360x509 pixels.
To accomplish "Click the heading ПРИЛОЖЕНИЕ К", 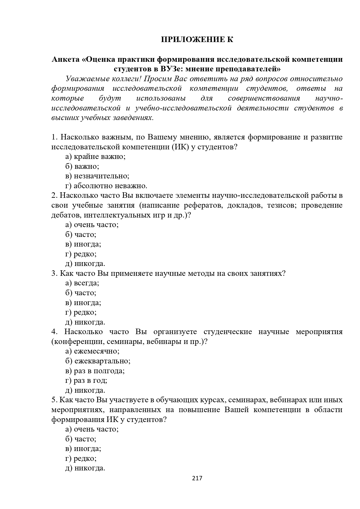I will [197, 39].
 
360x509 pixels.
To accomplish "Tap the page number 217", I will [197, 478].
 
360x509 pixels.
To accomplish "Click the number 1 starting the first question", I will [54, 137].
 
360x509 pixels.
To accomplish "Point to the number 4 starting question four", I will [54, 332].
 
